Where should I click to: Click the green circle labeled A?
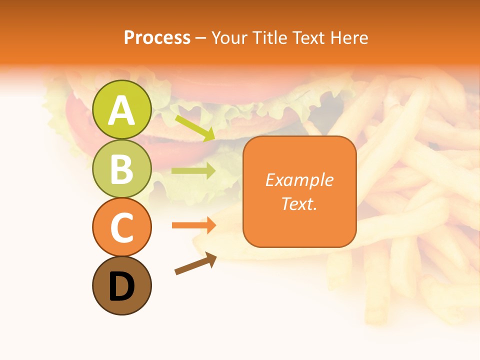122,109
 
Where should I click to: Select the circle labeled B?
122,168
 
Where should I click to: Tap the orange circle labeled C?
122,227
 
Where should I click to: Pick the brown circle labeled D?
122,285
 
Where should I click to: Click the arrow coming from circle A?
195,128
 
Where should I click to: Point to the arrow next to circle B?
193,171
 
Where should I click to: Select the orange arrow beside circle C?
193,225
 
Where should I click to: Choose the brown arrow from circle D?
195,263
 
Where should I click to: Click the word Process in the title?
157,37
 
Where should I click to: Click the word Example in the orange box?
299,180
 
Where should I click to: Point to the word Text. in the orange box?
299,203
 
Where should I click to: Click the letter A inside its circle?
122,110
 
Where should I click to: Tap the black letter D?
122,286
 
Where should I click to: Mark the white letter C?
122,228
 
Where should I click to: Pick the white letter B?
122,169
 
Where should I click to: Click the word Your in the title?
227,37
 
